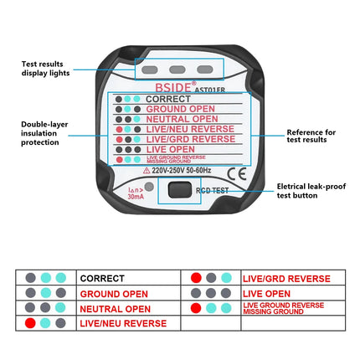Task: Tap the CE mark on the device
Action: coord(236,174)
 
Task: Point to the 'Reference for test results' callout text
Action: coord(311,136)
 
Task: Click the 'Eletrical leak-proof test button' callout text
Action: coord(312,191)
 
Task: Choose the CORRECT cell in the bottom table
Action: coord(102,278)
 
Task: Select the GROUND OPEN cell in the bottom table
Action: coord(114,294)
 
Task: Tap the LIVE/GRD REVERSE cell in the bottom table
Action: coord(285,278)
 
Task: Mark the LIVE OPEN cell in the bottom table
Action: coord(266,294)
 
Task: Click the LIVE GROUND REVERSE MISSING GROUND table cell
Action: coord(284,309)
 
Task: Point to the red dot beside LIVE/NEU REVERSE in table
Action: coord(30,323)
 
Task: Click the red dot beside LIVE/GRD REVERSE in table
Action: coord(195,278)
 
